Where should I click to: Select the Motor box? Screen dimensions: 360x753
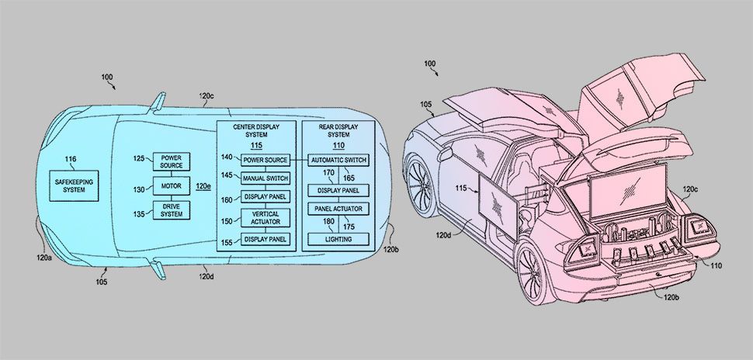tap(171, 187)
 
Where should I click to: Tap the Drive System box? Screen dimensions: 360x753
tap(171, 209)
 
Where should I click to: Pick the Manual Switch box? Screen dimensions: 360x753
tap(265, 178)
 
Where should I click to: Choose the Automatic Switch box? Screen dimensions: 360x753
tap(338, 161)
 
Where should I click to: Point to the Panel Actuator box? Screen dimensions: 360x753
tap(338, 209)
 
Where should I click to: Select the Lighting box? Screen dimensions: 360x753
tap(338, 240)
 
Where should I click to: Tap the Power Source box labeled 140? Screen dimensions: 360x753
tap(265, 161)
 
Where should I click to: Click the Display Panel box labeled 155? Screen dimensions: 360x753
tap(265, 239)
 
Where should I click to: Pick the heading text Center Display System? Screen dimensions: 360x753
tap(255, 130)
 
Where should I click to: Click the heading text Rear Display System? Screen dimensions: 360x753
tap(338, 130)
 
